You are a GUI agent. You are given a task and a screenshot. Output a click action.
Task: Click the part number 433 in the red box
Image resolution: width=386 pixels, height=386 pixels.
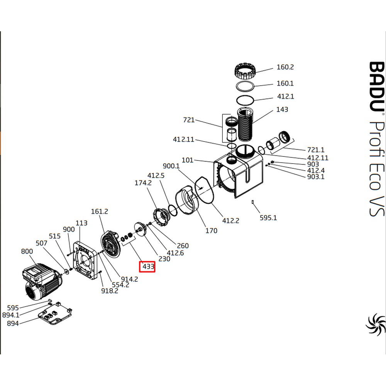tap(149, 267)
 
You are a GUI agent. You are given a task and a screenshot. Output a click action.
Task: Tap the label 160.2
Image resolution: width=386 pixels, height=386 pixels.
tap(285, 67)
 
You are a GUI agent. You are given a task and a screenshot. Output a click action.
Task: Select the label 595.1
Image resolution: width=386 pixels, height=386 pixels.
tap(268, 218)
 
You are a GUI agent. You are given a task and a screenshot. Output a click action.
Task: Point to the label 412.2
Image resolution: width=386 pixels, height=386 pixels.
tap(231, 220)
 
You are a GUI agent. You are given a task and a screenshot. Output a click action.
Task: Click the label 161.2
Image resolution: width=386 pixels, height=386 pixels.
tap(100, 212)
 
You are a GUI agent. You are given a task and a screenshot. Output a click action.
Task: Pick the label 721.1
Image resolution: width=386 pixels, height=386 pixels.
tap(316, 150)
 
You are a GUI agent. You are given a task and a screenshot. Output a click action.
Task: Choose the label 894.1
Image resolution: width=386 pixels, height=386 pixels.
tap(11, 315)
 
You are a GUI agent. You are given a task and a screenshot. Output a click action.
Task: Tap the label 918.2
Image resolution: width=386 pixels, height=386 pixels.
tap(110, 291)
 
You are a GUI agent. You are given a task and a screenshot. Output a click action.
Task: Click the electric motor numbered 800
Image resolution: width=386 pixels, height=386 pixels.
tap(41, 282)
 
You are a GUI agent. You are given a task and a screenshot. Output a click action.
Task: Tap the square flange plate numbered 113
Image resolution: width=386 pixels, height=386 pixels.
tap(86, 261)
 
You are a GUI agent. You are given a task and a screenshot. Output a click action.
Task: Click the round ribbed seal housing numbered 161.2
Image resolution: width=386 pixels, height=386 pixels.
tap(110, 244)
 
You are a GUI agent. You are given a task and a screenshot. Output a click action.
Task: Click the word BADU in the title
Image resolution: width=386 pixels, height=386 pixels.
tap(377, 86)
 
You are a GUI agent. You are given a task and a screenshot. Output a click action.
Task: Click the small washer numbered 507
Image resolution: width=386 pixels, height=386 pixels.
tap(66, 271)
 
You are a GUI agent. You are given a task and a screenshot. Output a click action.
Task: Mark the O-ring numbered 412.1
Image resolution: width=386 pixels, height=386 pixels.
tap(245, 100)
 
